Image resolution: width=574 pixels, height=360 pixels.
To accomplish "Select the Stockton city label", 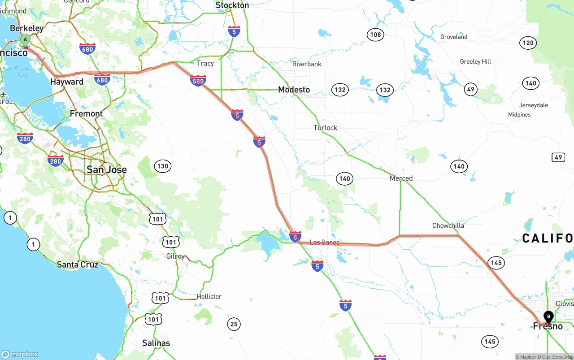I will (x=232, y=5).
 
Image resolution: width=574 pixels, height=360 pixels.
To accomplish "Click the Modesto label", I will (x=294, y=90).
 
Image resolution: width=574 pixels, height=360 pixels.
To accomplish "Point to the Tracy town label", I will (x=205, y=63).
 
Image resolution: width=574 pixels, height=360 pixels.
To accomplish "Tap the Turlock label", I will (x=325, y=128).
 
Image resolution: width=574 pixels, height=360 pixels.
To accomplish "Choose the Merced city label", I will (x=401, y=178).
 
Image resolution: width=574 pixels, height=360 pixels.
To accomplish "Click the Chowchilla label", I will (x=448, y=226).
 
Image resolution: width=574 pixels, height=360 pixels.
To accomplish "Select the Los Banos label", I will (x=325, y=243).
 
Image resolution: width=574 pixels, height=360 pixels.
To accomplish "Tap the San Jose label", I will (x=107, y=169).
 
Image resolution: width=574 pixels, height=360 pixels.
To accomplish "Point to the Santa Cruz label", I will (x=78, y=265).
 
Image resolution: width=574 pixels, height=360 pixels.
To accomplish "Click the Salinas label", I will (x=156, y=343).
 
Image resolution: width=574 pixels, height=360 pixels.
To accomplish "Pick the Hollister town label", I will (x=209, y=296).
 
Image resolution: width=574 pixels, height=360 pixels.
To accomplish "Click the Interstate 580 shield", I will (x=198, y=81).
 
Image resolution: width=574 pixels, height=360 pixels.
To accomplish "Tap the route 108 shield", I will (x=375, y=35).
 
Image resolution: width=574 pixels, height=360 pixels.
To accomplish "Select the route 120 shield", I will (x=528, y=43).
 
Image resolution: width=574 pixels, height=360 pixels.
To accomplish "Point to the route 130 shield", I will (x=162, y=166).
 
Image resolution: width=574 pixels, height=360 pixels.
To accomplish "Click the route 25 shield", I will (x=234, y=324).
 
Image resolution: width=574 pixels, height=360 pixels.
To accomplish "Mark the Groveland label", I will (x=454, y=37).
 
